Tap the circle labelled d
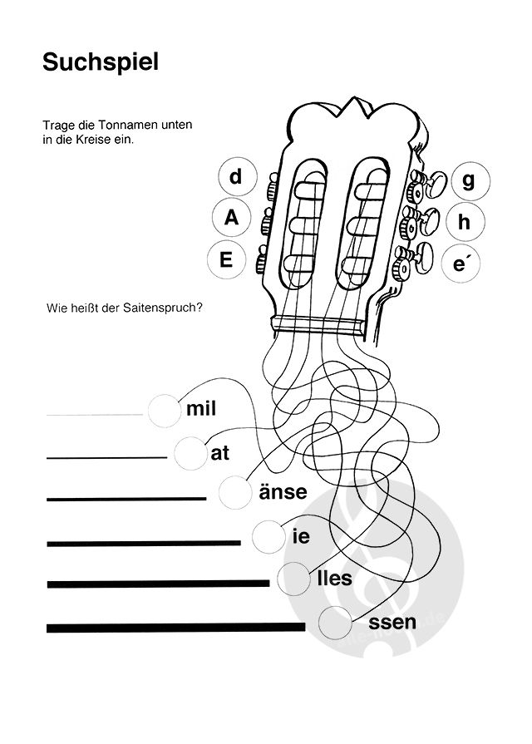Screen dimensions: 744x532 tap(235, 176)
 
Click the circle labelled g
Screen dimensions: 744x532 tap(469, 180)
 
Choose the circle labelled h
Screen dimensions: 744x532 tap(464, 222)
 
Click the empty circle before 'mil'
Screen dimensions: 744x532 tap(164, 408)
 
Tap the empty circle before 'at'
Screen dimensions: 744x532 tap(191, 453)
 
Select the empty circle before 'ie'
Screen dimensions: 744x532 tap(268, 536)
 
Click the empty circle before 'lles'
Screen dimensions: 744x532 tap(293, 577)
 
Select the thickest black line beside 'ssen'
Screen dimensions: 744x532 tap(176, 626)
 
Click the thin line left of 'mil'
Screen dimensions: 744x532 tap(94, 414)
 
